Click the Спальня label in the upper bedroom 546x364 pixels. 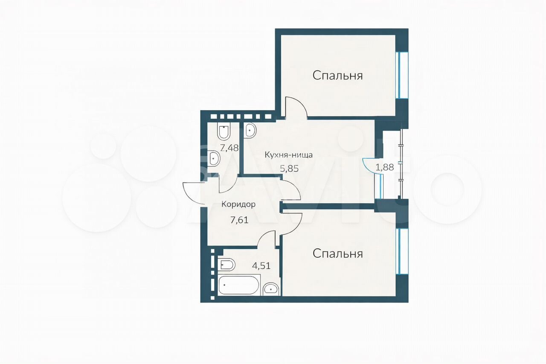tap(337, 76)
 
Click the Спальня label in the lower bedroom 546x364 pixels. tap(337, 253)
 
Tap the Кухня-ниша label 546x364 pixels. tap(288, 155)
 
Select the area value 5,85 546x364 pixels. tap(289, 169)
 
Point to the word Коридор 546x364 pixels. tap(238, 204)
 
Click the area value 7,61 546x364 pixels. tap(239, 220)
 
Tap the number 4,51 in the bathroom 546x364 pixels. tap(261, 265)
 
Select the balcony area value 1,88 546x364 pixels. tap(385, 168)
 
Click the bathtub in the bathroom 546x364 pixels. tap(238, 285)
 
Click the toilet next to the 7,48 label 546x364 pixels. tap(224, 132)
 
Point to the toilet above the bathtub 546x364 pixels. tap(227, 265)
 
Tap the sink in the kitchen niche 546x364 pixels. tap(250, 131)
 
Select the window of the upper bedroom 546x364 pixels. tap(402, 75)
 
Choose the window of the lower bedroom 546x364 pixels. tap(402, 251)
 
